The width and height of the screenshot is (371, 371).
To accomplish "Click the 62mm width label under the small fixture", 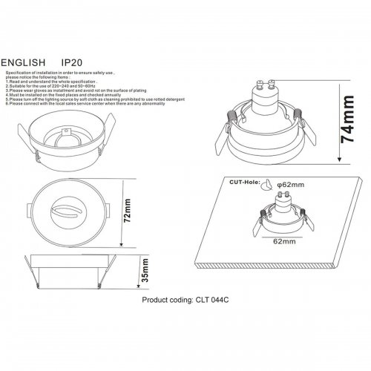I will click(x=283, y=241).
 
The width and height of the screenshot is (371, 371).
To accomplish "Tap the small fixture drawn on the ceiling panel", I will click(x=283, y=216).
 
